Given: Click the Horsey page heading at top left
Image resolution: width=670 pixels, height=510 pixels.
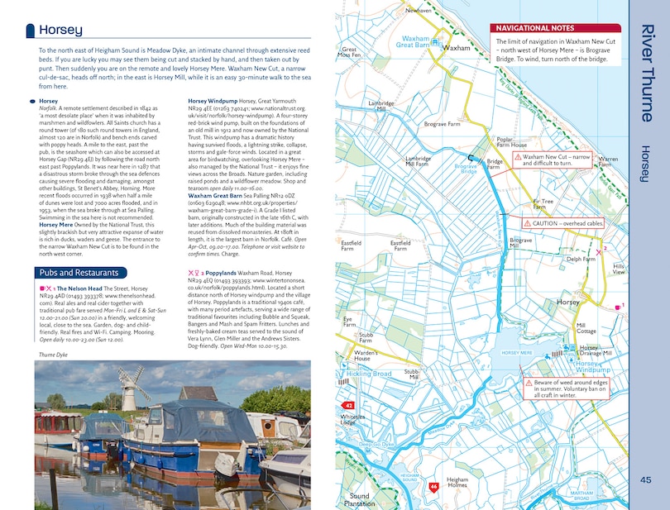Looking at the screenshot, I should click(x=60, y=31).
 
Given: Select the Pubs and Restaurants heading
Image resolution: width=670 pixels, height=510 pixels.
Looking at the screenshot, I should click(x=76, y=273).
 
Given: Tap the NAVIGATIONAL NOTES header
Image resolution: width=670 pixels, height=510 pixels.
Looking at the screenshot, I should click(x=534, y=28).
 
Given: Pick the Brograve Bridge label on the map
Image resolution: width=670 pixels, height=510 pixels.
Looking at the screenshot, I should click(x=466, y=168).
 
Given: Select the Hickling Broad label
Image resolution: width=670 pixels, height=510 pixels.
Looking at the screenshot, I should click(x=370, y=374).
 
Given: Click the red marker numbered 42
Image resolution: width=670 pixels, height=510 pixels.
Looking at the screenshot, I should click(x=349, y=406).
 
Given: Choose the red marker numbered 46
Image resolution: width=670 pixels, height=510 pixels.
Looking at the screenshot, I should click(x=433, y=487).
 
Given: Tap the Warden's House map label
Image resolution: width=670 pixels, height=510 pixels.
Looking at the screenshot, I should click(x=366, y=355).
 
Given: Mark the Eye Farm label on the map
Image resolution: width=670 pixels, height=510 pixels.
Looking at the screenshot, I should click(x=348, y=321).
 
